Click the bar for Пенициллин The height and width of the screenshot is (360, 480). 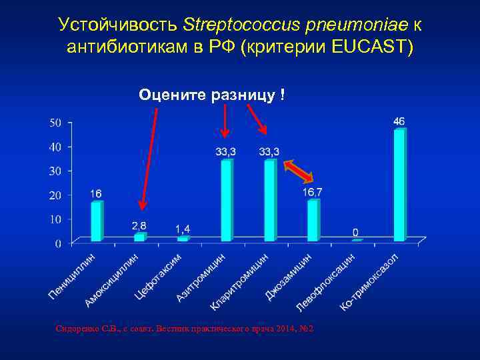pos(97,221)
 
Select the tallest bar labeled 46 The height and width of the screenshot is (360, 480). pos(399,185)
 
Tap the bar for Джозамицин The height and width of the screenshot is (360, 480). pos(313,220)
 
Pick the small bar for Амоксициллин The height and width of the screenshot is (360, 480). pos(139,237)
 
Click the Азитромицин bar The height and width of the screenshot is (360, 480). pos(227,200)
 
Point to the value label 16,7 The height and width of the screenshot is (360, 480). pos(313,192)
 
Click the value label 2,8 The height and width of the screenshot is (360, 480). pos(139,227)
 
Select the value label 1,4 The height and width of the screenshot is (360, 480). pos(183,229)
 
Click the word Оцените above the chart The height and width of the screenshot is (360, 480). pos(173,95)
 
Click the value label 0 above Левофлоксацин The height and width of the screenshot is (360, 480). pos(356,232)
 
